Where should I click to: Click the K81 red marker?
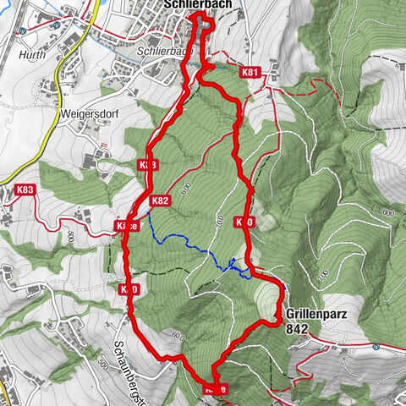click(x=250, y=73)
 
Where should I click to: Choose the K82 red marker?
click(x=160, y=201)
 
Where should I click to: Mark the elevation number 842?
click(x=297, y=327)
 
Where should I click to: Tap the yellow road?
click(x=57, y=93)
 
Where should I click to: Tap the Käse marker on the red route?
click(x=125, y=226)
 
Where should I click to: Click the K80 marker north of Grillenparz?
click(x=244, y=222)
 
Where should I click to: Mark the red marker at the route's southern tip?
click(x=216, y=388)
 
